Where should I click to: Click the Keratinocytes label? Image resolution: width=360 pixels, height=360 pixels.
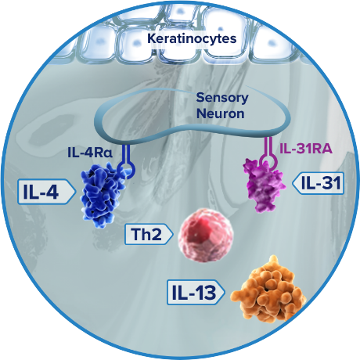(x=192, y=38)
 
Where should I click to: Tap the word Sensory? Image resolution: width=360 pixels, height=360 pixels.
(x=222, y=98)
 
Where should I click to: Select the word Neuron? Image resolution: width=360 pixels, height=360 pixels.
(x=221, y=113)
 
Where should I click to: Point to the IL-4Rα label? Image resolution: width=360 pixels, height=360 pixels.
(x=90, y=153)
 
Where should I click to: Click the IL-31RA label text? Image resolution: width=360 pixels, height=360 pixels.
(x=306, y=149)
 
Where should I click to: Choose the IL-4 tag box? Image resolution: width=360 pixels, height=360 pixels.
(x=46, y=192)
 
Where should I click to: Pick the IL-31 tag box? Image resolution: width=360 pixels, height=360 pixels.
(x=319, y=183)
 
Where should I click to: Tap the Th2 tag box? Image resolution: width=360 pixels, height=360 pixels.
(x=149, y=234)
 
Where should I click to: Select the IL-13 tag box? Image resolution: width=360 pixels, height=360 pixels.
(x=196, y=293)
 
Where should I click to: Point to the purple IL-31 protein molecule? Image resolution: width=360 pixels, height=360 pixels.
(x=263, y=185)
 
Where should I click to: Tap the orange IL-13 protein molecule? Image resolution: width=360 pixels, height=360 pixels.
(x=268, y=290)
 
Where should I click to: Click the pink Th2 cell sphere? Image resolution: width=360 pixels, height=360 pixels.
(x=206, y=235)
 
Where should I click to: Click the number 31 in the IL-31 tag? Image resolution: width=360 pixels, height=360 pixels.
(x=331, y=183)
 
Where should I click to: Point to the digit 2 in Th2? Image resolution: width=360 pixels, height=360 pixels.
(x=156, y=234)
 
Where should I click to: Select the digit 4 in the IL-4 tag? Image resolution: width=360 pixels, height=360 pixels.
(x=52, y=192)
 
